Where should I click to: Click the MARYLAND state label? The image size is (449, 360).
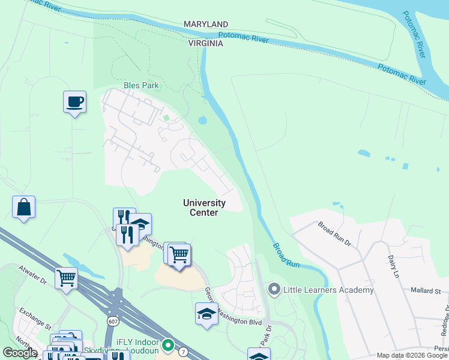(x=206, y=23)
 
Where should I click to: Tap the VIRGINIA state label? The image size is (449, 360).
(x=206, y=44)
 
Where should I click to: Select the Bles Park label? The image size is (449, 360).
(x=141, y=85)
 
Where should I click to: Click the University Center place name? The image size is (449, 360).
(x=204, y=208)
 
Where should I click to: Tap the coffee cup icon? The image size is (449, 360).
(x=74, y=102)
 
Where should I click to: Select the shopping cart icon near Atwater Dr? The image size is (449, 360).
(x=66, y=278)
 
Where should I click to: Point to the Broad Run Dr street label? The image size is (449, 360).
(x=334, y=233)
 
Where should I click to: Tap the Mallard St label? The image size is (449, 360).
(x=426, y=290)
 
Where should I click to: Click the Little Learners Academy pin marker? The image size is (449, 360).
(x=274, y=290)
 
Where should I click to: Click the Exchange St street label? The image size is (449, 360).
(x=35, y=319)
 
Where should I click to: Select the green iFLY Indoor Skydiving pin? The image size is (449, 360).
(x=169, y=345)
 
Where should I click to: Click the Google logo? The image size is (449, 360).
(x=20, y=353)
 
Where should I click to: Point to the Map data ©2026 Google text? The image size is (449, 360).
(x=412, y=355)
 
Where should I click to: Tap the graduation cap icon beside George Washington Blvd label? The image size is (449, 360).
(x=206, y=314)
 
